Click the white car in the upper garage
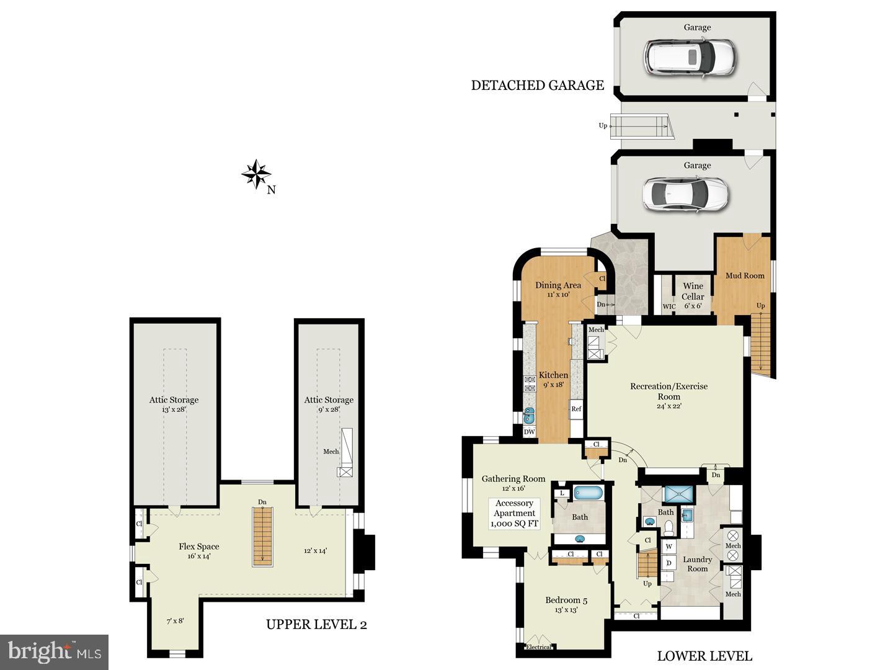pos(689,56)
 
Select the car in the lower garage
pos(684,194)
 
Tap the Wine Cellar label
pos(693,291)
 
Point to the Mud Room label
pos(745,275)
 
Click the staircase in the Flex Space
pos(262,537)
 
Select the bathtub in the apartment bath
pos(588,493)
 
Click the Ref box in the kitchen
pos(576,409)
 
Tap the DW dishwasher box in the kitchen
pos(529,432)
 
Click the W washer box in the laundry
pos(669,547)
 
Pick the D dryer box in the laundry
pos(669,563)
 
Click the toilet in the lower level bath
pos(669,527)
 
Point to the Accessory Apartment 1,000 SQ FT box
pos(514,514)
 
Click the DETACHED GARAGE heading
pos(537,86)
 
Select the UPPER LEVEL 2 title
pos(316,624)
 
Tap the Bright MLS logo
pos(55,652)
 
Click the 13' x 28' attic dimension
pos(174,410)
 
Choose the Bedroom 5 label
pos(566,600)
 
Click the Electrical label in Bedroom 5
pos(538,647)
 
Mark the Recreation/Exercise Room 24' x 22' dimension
pos(669,406)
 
